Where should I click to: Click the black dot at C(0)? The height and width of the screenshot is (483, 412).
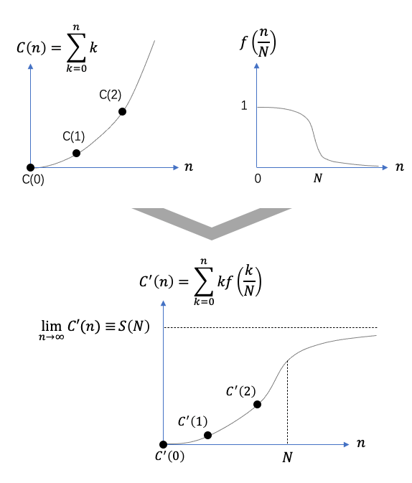click(x=31, y=167)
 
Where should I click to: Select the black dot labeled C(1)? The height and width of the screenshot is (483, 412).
click(x=76, y=153)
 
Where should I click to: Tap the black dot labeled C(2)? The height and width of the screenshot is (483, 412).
click(x=122, y=111)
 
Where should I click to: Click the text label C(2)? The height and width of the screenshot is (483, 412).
click(x=111, y=95)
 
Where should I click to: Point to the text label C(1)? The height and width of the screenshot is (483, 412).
click(x=74, y=136)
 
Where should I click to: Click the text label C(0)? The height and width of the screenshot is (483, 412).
click(x=33, y=179)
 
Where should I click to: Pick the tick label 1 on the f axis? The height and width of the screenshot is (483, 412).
click(x=244, y=105)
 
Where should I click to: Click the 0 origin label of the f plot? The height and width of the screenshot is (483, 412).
click(x=258, y=179)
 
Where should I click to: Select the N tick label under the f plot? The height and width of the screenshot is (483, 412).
click(x=318, y=179)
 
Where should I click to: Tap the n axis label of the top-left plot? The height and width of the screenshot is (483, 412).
click(x=189, y=167)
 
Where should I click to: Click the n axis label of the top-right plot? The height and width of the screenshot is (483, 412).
click(x=400, y=167)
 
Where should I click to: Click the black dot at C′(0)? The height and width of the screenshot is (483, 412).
click(x=164, y=444)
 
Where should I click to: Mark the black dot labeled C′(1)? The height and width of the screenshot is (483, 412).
click(x=207, y=435)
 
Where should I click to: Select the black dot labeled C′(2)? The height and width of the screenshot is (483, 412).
click(x=257, y=405)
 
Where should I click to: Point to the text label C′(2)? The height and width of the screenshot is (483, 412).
click(x=241, y=391)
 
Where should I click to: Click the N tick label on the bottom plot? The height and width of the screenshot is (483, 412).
click(x=288, y=457)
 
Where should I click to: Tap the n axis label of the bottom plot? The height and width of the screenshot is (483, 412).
click(x=361, y=443)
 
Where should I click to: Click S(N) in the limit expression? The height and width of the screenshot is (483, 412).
click(x=134, y=327)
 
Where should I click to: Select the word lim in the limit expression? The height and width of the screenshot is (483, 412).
click(x=52, y=325)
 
